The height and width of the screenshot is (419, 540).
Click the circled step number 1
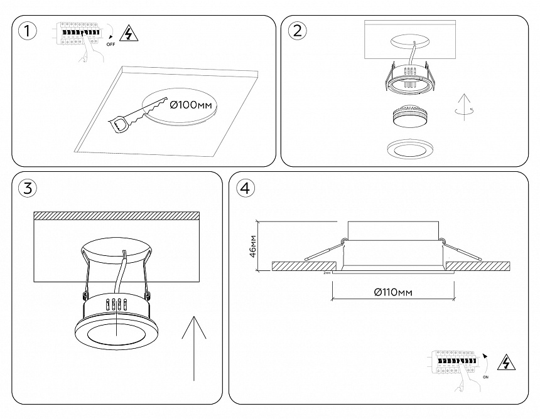(x=27, y=31)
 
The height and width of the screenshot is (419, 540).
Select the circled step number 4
(x=247, y=187)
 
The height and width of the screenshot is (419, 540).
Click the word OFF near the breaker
(x=111, y=45)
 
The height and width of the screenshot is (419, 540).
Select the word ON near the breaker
(x=487, y=377)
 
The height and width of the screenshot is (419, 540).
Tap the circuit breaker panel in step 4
(x=453, y=364)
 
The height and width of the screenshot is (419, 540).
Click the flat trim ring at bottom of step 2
(x=408, y=149)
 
